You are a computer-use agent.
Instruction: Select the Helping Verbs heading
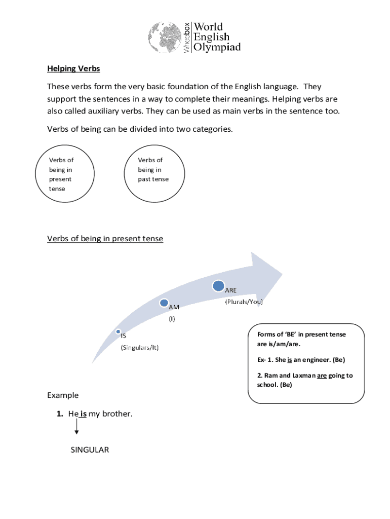click(x=74, y=68)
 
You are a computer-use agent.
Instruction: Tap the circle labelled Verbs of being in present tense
click(x=64, y=174)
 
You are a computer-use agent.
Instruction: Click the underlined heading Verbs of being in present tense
click(x=105, y=239)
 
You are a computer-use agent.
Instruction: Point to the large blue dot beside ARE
click(x=219, y=286)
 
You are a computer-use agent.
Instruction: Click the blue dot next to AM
click(x=164, y=303)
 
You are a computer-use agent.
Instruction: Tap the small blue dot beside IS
click(x=118, y=331)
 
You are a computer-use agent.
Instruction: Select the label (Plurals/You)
click(x=244, y=302)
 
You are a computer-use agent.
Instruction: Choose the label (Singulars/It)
click(x=139, y=348)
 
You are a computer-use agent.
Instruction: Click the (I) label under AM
click(x=172, y=319)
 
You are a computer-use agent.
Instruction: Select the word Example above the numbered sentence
click(x=63, y=395)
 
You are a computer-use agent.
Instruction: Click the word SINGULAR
click(x=90, y=450)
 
